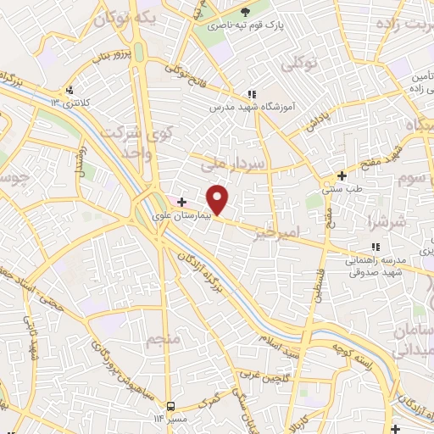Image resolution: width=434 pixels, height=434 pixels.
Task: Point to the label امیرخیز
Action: (300, 231)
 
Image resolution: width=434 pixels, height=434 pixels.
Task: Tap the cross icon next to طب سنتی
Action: (342, 176)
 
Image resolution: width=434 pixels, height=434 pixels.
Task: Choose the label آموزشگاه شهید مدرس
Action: (251, 108)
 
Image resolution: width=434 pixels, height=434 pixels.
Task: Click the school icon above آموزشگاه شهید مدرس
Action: (251, 94)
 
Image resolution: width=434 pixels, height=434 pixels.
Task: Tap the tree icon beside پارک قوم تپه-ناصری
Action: (246, 12)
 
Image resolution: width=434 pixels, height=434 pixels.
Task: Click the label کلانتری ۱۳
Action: (70, 103)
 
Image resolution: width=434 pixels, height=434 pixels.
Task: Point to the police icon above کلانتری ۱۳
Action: (70, 89)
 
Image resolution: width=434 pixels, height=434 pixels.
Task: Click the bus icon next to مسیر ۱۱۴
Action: (171, 406)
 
